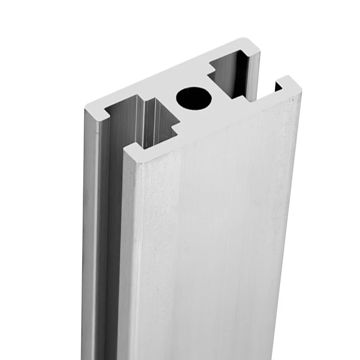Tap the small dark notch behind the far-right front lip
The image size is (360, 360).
[278, 87]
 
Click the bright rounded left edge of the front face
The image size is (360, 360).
[126, 240]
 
